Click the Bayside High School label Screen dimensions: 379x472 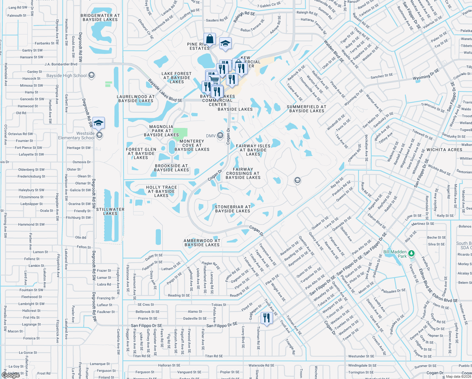[x=67, y=75]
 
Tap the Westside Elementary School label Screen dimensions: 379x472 [x=76, y=136]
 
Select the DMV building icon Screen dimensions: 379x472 [x=220, y=136]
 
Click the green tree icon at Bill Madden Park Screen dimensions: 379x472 [x=411, y=253]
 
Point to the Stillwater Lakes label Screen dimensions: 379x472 [x=110, y=211]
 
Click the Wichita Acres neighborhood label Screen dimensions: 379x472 [x=444, y=150]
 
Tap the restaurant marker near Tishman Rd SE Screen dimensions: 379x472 [x=267, y=318]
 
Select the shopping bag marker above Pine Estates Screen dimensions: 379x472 [x=209, y=39]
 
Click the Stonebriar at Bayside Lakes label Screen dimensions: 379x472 [x=233, y=209]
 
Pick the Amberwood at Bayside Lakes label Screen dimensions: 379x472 [x=202, y=243]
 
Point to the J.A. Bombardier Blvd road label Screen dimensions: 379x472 [x=61, y=64]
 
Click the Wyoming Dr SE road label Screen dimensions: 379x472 [x=426, y=75]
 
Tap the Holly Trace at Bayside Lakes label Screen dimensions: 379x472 [x=161, y=191]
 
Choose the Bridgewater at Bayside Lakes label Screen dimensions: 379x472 [x=100, y=17]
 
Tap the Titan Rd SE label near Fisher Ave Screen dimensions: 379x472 [x=214, y=356]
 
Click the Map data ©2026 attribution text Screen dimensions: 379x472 [x=458, y=376]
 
